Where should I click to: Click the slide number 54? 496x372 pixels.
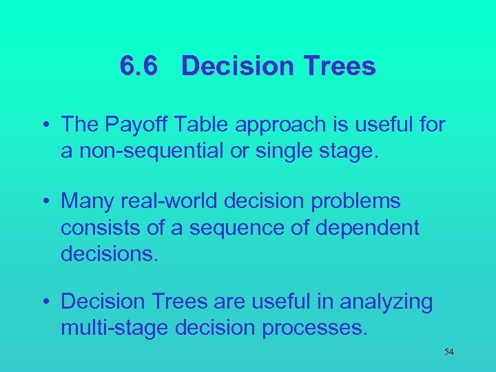(449, 352)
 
